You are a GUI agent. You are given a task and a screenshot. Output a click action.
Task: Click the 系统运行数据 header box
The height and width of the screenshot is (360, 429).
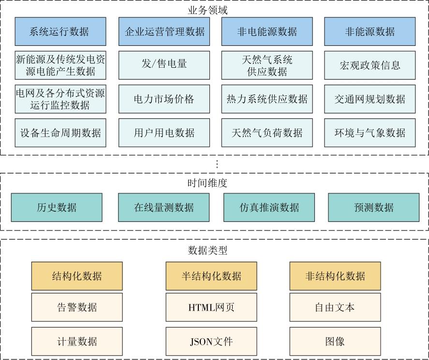tap(60, 31)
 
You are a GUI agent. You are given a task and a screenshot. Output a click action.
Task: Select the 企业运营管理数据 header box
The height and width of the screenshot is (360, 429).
tap(164, 31)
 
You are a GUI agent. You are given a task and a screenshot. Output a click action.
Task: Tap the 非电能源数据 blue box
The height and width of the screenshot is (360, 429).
tap(267, 31)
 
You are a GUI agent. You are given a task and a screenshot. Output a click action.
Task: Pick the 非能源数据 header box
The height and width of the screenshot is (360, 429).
tap(370, 31)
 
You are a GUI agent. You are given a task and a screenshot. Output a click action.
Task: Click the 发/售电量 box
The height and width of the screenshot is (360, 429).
tap(164, 65)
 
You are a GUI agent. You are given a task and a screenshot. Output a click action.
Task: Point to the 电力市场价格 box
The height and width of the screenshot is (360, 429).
tap(164, 99)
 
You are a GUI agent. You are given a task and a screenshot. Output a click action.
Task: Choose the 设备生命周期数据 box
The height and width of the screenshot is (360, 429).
tap(60, 133)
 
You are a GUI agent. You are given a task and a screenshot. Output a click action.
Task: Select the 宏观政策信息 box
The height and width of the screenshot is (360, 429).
tap(370, 65)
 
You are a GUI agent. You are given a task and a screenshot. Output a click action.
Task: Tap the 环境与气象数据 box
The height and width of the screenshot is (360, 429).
tap(370, 133)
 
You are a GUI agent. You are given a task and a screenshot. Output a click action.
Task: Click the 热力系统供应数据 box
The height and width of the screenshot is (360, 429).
tap(267, 99)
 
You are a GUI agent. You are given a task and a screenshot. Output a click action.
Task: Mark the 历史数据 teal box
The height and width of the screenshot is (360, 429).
tap(57, 207)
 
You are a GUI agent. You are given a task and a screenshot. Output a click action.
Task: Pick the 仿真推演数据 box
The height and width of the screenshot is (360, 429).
tap(269, 207)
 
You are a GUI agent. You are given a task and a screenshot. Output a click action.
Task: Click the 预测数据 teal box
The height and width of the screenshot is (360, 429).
tap(374, 207)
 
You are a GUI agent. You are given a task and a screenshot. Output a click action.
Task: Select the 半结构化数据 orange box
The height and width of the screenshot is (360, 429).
tap(211, 276)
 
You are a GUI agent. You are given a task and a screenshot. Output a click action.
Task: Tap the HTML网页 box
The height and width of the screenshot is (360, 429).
tap(211, 307)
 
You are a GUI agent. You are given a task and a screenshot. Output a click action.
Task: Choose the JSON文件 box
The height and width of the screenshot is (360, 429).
tap(211, 342)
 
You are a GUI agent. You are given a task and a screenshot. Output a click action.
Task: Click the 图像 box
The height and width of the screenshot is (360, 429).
tap(335, 342)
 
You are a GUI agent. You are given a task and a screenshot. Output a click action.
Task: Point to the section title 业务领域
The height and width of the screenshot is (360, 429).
tap(207, 10)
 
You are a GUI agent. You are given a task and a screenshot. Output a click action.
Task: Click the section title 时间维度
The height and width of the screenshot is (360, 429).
tap(207, 183)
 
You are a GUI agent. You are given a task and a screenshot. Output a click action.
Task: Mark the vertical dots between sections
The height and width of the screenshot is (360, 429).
tap(217, 164)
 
